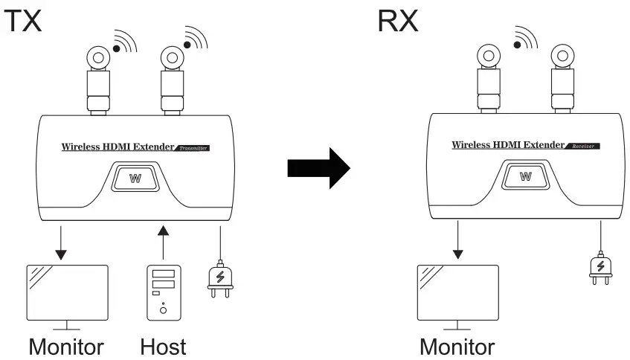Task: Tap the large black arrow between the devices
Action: coord(318,170)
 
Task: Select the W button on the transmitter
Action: coord(135,179)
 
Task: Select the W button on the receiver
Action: coord(526,176)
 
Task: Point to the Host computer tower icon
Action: coord(162,292)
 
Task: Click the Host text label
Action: coord(162,346)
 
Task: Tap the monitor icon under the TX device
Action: coord(67,294)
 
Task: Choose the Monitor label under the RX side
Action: coord(457,346)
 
